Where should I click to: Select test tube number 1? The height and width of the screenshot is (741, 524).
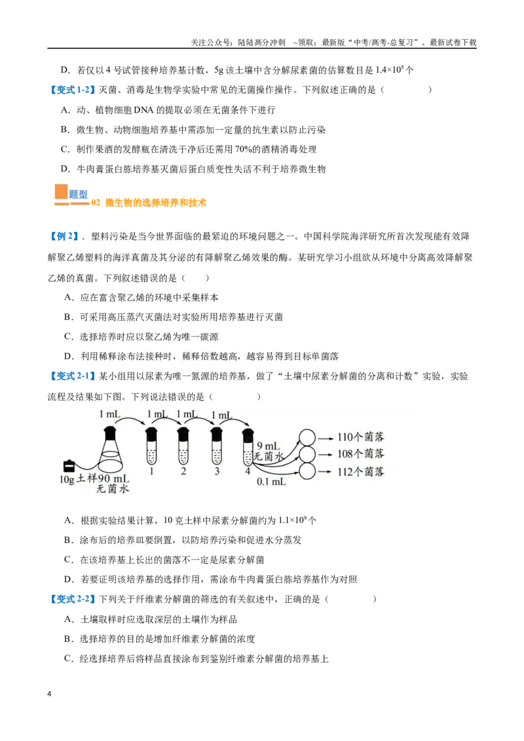tap(151, 446)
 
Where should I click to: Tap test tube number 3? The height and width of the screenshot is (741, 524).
tap(217, 446)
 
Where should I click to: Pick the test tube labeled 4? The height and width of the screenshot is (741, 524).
tap(248, 447)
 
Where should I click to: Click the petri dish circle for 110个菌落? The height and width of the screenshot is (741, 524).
tap(307, 437)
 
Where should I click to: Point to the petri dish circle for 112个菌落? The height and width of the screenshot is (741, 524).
tap(307, 471)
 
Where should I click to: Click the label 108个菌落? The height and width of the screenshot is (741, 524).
tap(360, 454)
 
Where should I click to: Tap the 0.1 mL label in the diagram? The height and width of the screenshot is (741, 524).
tap(271, 482)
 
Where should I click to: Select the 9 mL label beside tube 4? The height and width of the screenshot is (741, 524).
tap(268, 446)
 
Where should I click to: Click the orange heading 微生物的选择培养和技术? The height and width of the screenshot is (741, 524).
tap(156, 203)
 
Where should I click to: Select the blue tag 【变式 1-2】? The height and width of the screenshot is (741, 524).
tap(72, 90)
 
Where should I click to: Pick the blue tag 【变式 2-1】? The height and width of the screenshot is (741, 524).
tap(72, 376)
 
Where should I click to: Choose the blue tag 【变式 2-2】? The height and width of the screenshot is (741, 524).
tap(72, 599)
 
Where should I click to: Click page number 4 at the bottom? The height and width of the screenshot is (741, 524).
tap(49, 694)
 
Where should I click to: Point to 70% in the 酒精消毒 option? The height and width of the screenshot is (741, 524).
tap(243, 149)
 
